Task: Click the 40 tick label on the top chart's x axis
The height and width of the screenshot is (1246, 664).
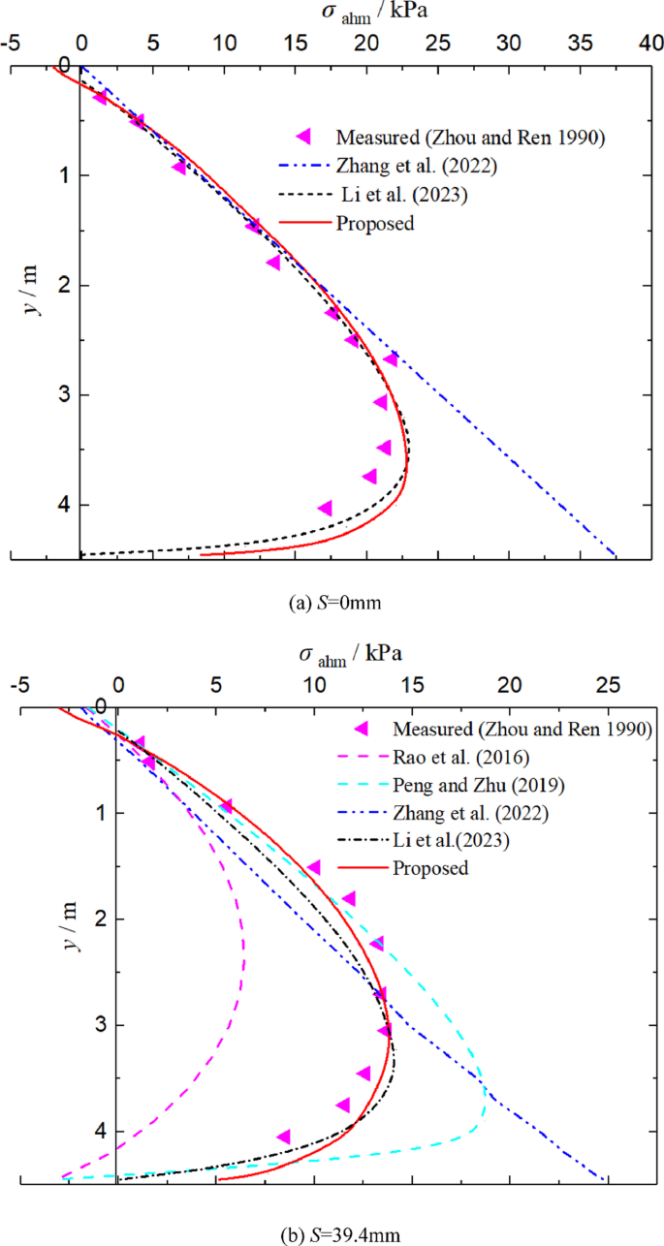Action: pyautogui.click(x=650, y=44)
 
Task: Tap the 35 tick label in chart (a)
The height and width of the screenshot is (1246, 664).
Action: pyautogui.click(x=580, y=44)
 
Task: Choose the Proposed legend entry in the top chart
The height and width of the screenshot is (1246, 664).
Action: pyautogui.click(x=375, y=223)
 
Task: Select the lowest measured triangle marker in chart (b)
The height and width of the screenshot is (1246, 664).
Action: pyautogui.click(x=284, y=1137)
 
